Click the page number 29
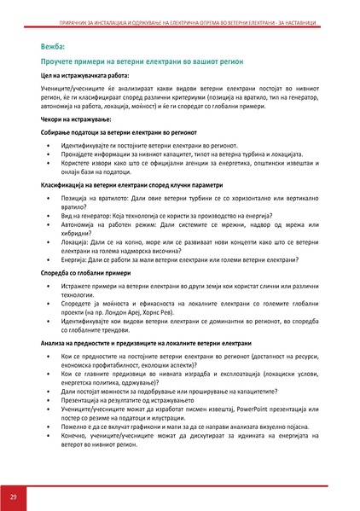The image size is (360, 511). point(14,496)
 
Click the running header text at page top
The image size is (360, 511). point(180,9)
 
